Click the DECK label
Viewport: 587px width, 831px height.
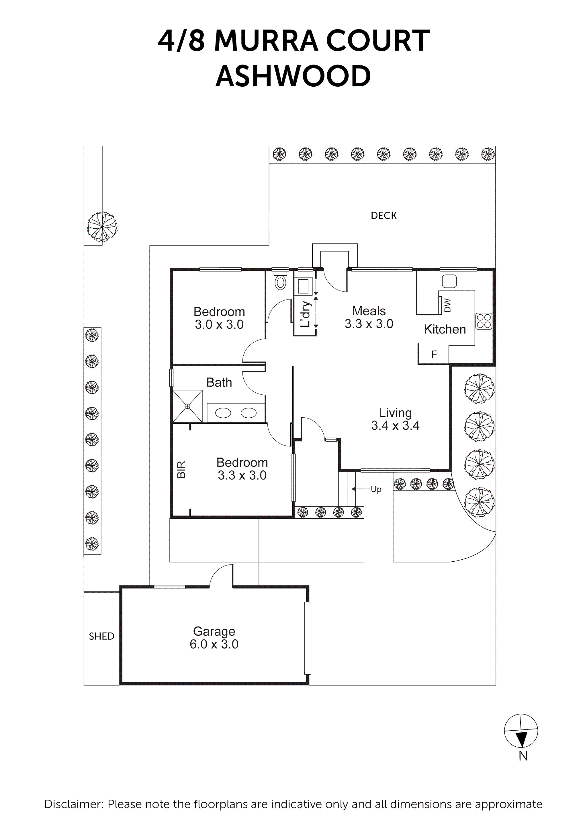point(383,216)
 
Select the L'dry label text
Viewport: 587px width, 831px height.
point(306,314)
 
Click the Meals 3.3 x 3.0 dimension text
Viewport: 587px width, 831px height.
point(369,324)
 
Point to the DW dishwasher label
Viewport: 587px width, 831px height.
point(447,305)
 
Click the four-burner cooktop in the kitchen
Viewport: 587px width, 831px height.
point(484,321)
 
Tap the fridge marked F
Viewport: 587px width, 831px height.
point(434,354)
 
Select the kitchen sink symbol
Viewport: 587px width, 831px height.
point(449,281)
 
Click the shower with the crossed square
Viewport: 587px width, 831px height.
point(187,406)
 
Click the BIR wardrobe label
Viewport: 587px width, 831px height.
point(181,470)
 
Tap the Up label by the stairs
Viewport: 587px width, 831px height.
point(376,489)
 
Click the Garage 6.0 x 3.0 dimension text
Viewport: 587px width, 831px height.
point(214,644)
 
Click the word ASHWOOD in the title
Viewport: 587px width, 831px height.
point(293,76)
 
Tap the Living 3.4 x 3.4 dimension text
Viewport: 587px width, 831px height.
point(395,425)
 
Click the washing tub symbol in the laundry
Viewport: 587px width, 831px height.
point(303,286)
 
